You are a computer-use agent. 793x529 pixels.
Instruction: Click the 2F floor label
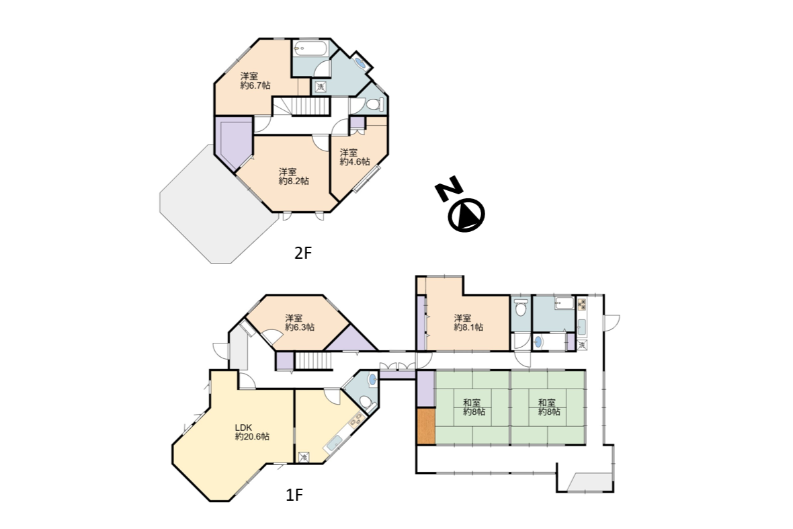click(x=303, y=252)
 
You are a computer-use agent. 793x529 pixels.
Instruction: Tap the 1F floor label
click(x=294, y=495)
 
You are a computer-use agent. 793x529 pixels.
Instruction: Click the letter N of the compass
click(x=448, y=189)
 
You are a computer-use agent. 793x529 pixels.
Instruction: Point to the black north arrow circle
click(x=466, y=214)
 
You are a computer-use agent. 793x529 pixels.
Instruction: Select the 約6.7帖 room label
click(x=255, y=85)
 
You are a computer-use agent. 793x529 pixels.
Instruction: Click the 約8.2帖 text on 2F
click(x=294, y=181)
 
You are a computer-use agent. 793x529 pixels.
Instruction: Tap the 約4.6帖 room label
click(x=355, y=162)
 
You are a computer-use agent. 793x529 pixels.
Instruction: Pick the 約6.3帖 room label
click(x=300, y=327)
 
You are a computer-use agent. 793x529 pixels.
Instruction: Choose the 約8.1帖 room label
click(x=468, y=327)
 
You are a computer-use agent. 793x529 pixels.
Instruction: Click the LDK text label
click(x=243, y=428)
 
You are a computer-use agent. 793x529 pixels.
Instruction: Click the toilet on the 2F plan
click(x=375, y=105)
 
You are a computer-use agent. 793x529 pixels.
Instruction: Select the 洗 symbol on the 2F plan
click(x=320, y=87)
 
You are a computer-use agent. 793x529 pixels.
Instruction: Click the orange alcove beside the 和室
click(x=426, y=426)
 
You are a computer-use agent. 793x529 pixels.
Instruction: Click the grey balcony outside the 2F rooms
click(x=212, y=207)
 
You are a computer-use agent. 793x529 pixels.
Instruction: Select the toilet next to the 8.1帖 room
click(x=520, y=307)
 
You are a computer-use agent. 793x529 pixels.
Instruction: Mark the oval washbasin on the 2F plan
click(x=361, y=63)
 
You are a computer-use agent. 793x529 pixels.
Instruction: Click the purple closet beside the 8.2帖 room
click(x=233, y=142)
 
